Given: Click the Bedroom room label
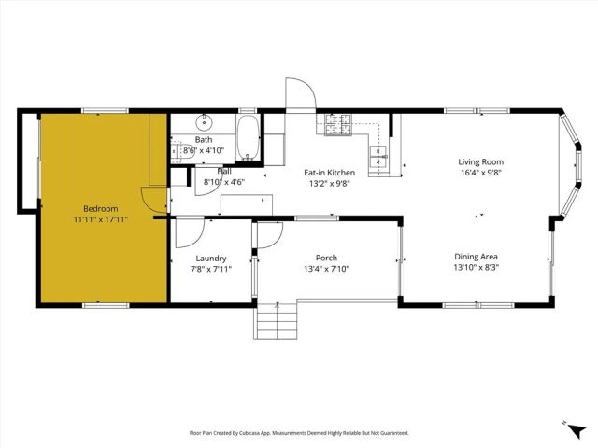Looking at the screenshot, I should (100, 208).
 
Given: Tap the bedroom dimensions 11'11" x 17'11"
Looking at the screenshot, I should (100, 219).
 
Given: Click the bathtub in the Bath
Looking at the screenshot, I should (249, 138).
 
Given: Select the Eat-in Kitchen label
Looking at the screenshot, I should (329, 173).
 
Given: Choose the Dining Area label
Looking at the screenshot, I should (476, 256).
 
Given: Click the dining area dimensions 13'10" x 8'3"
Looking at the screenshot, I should (476, 267).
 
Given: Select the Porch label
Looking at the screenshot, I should (326, 258).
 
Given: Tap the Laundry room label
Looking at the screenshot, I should (211, 258).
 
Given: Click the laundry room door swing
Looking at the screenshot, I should (188, 231).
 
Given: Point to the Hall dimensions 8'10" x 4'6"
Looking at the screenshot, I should (223, 182).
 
